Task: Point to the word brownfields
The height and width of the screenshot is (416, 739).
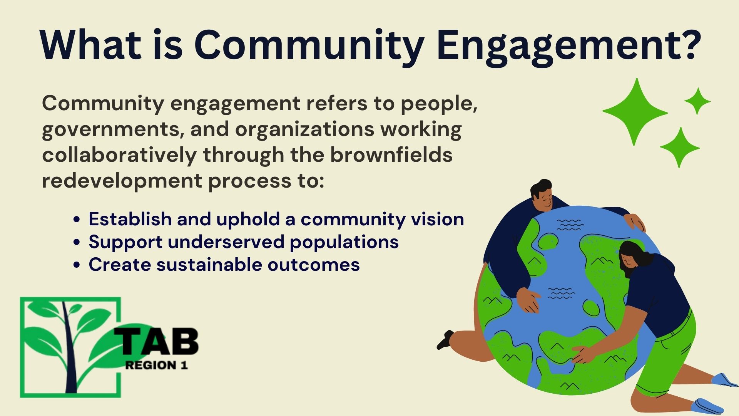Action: pyautogui.click(x=391, y=155)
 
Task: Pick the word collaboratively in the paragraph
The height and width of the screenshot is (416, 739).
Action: pyautogui.click(x=119, y=155)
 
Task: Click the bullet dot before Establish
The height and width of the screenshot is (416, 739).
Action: pyautogui.click(x=77, y=220)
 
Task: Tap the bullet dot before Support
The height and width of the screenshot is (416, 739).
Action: pyautogui.click(x=77, y=243)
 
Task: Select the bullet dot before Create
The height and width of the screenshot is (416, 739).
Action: pyautogui.click(x=77, y=265)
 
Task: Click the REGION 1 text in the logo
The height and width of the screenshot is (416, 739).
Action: pyautogui.click(x=156, y=365)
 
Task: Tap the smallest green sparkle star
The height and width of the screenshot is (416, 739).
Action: pyautogui.click(x=697, y=101)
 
